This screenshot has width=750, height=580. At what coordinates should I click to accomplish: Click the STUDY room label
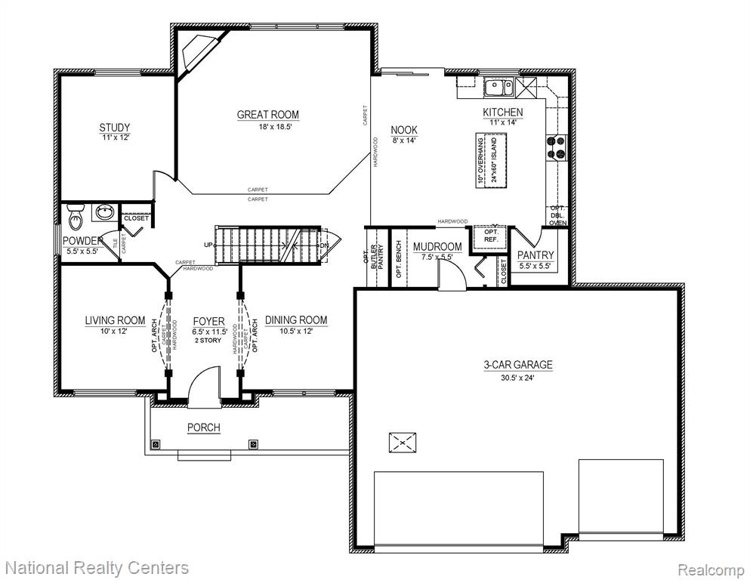[x=114, y=128]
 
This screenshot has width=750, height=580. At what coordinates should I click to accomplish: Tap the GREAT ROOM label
[x=268, y=115]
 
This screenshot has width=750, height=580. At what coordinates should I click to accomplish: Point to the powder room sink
[x=103, y=211]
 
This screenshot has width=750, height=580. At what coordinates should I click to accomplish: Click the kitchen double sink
[x=498, y=88]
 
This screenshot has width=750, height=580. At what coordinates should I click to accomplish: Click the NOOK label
[x=403, y=130]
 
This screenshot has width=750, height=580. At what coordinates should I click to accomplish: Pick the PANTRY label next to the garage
[x=535, y=255]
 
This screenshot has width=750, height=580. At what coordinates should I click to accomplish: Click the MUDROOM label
[x=437, y=247]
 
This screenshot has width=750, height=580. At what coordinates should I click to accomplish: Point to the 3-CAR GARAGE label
[x=518, y=365]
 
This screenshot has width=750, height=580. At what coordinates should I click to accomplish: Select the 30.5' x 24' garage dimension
[x=517, y=378]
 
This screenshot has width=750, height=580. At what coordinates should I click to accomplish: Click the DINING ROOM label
[x=296, y=320]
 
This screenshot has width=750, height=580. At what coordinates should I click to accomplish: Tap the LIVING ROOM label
[x=115, y=320]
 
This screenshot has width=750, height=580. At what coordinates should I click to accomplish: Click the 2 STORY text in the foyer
[x=208, y=341]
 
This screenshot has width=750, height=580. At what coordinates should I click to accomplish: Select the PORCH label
[x=204, y=427]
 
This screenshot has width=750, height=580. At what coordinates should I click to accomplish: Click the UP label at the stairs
[x=208, y=245]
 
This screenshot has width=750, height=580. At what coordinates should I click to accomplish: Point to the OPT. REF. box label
[x=491, y=236]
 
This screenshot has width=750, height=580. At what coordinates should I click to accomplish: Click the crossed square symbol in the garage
[x=403, y=443]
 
